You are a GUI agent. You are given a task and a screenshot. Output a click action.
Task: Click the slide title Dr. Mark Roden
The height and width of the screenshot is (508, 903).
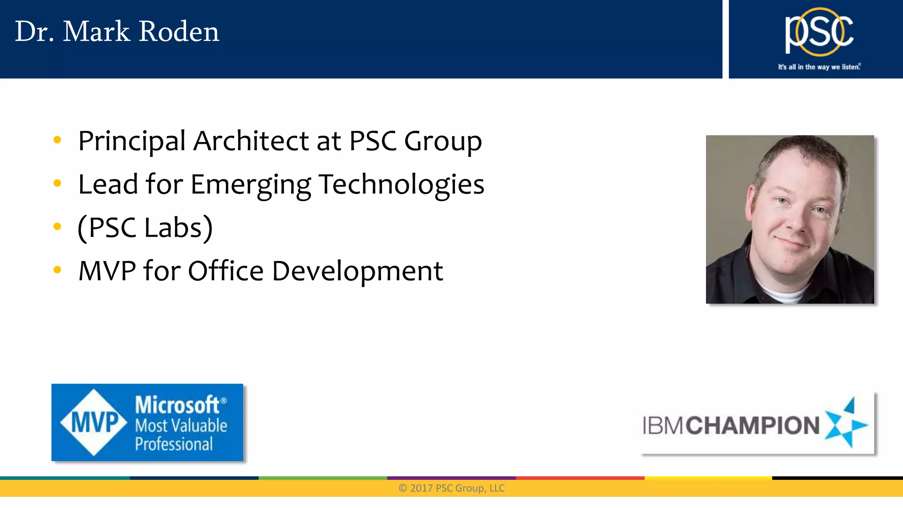[117, 32]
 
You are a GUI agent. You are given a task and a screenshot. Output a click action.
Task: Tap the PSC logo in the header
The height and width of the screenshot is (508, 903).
[819, 32]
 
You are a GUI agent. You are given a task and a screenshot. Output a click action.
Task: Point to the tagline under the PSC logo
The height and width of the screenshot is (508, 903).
[819, 67]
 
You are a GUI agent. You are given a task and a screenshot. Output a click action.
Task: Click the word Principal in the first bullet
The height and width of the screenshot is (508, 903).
[131, 141]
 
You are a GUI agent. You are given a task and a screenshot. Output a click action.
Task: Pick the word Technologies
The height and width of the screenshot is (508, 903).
[401, 184]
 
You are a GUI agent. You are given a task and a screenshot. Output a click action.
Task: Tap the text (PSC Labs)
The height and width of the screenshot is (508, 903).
[145, 228]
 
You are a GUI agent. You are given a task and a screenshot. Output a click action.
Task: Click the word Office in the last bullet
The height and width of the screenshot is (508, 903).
[225, 271]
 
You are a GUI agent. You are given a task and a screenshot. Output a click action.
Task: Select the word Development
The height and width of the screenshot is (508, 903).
[357, 271]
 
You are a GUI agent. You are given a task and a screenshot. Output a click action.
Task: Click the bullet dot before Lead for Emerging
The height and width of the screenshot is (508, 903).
[57, 183]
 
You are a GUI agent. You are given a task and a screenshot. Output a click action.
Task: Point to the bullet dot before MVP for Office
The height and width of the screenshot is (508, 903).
[57, 269]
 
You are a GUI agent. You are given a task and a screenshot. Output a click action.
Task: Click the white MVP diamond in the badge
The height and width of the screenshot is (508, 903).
[94, 422]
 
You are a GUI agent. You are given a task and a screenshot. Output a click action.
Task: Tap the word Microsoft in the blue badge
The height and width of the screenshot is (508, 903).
[177, 405]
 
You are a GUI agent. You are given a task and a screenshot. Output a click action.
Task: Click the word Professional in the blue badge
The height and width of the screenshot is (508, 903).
[174, 444]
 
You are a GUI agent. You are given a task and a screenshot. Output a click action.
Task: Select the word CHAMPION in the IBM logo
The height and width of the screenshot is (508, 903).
[752, 426]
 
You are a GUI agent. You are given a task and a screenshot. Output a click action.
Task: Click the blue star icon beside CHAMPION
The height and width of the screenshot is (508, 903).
[845, 423]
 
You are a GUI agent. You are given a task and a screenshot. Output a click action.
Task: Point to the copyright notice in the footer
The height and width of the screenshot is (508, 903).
[451, 488]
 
